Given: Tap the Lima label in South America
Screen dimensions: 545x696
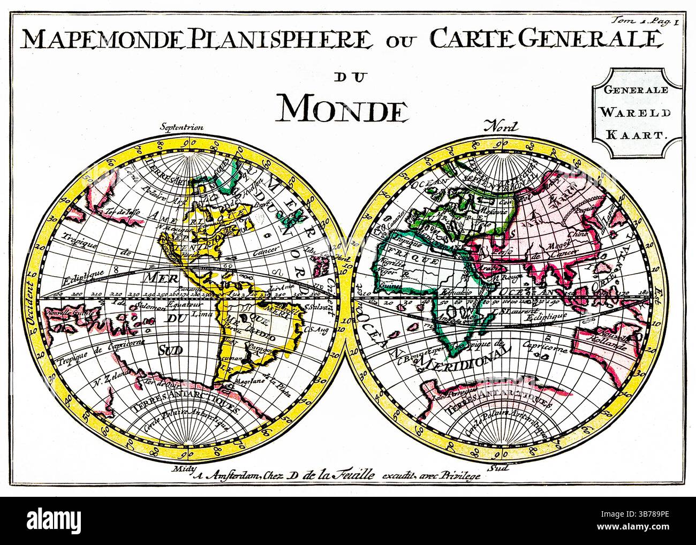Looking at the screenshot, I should [x=198, y=314].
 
